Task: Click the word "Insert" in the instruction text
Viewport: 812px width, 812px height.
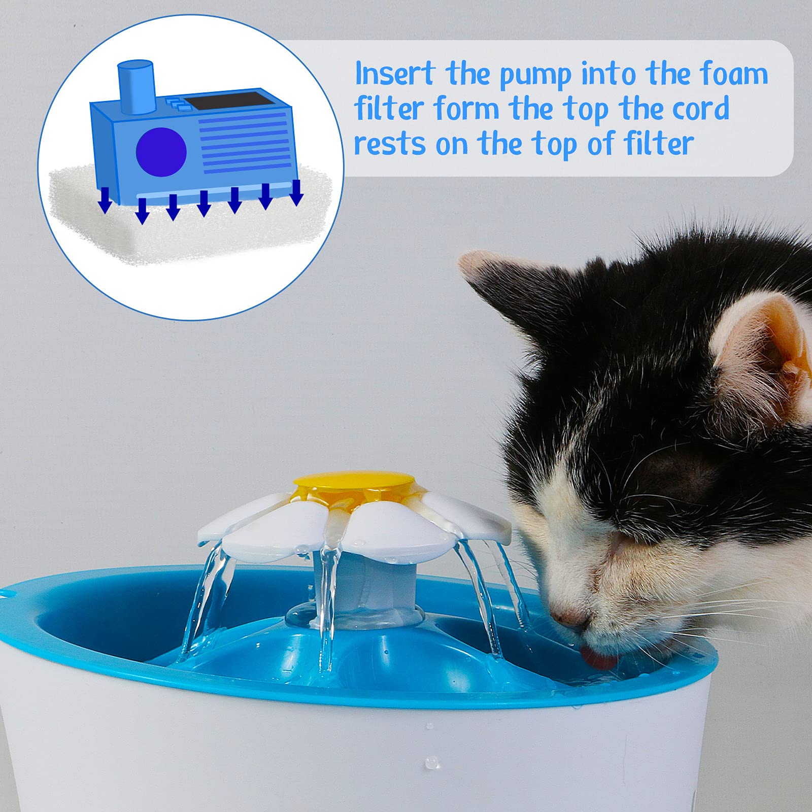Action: click(x=395, y=74)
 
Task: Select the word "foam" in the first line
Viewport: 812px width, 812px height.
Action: click(x=734, y=74)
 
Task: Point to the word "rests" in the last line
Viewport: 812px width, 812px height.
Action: click(x=389, y=144)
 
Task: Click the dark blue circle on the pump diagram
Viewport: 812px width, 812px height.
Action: click(x=161, y=152)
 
